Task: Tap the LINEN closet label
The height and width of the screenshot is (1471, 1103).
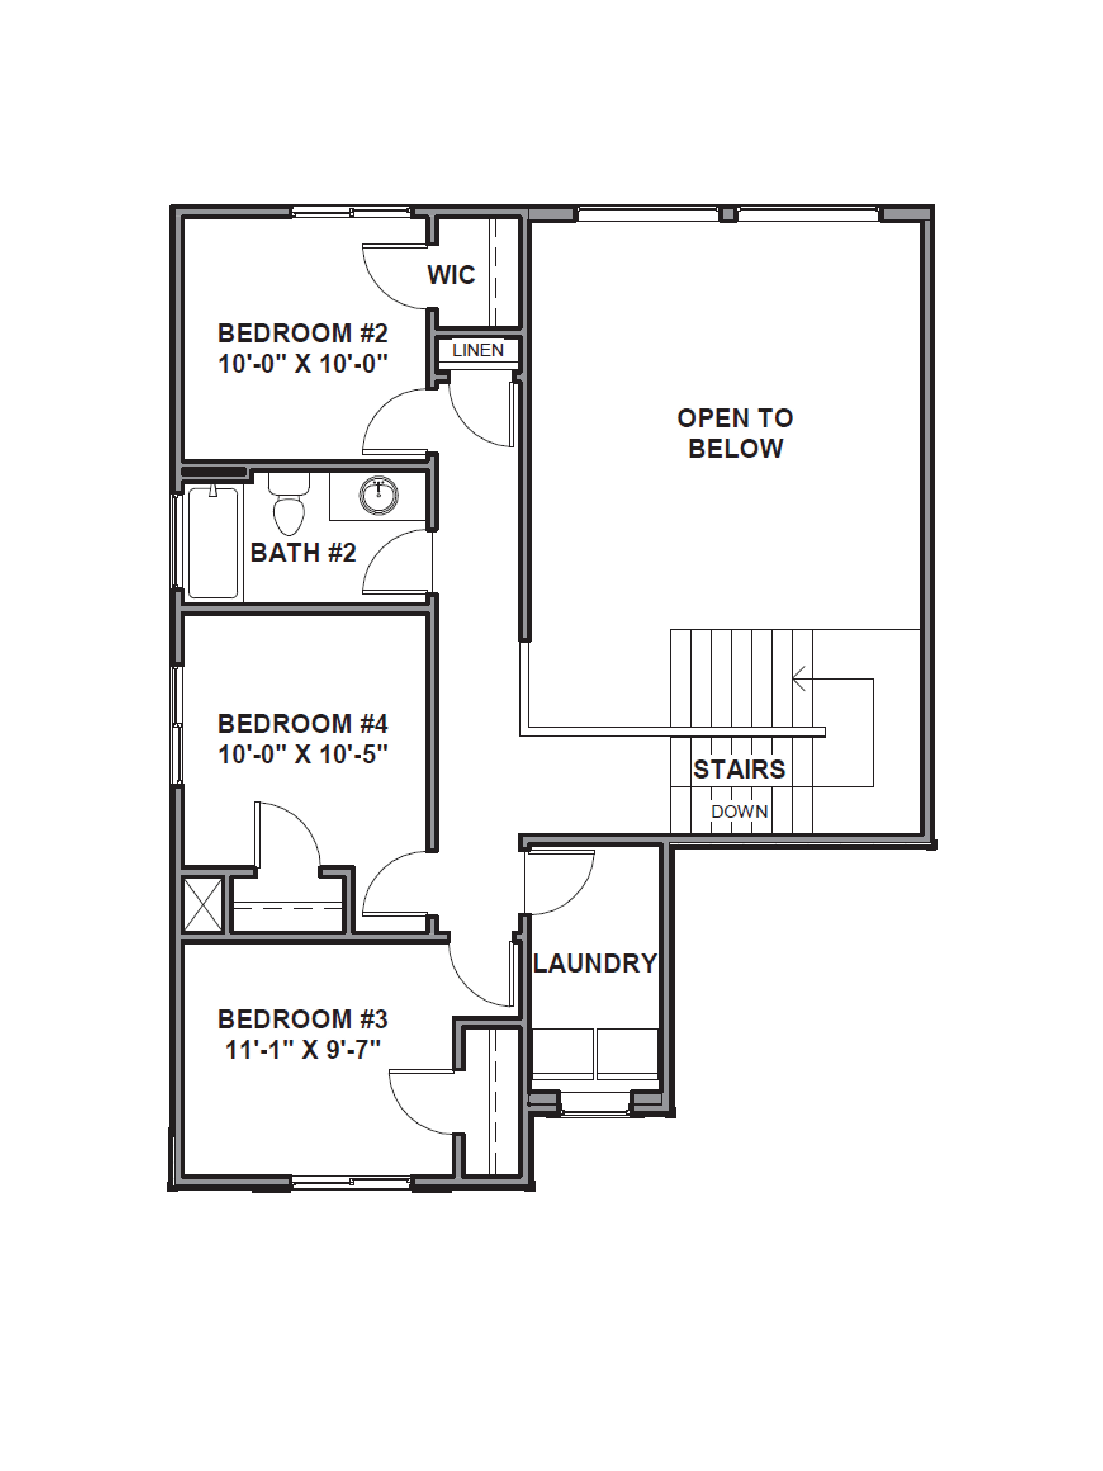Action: click(x=478, y=350)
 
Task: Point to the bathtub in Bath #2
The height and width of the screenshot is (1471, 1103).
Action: click(x=213, y=543)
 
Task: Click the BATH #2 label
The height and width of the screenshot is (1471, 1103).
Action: click(x=303, y=553)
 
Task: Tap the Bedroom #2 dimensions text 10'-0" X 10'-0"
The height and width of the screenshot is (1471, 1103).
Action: click(x=303, y=364)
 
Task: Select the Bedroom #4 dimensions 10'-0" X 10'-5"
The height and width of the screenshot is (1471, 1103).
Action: click(x=303, y=754)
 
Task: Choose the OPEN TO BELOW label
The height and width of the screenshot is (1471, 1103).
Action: click(x=735, y=433)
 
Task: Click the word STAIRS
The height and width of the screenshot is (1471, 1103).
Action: click(x=739, y=769)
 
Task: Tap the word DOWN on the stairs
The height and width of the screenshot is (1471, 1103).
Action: click(x=739, y=811)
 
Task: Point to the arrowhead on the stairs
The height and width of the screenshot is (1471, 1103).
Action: click(x=798, y=679)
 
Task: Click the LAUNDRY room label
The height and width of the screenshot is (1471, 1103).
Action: click(x=595, y=964)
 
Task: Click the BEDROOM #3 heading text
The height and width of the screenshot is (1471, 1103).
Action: click(x=303, y=1019)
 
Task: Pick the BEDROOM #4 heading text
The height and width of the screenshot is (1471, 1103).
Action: click(x=303, y=723)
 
